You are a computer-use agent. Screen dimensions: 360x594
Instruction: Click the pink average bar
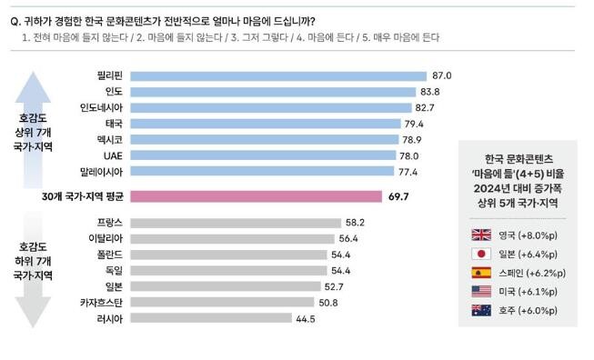[x=256, y=196]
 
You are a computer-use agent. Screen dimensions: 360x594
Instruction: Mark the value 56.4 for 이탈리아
[x=350, y=238]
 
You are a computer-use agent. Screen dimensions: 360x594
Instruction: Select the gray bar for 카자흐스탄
[x=223, y=302]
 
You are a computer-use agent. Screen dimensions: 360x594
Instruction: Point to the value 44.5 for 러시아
[x=306, y=318]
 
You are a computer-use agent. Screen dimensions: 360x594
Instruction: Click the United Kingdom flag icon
[x=480, y=235]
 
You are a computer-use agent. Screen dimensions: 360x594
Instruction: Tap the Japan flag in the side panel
[x=480, y=254]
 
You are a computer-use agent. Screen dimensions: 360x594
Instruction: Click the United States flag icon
[x=480, y=292]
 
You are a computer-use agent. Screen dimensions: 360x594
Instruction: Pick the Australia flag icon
[x=480, y=311]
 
